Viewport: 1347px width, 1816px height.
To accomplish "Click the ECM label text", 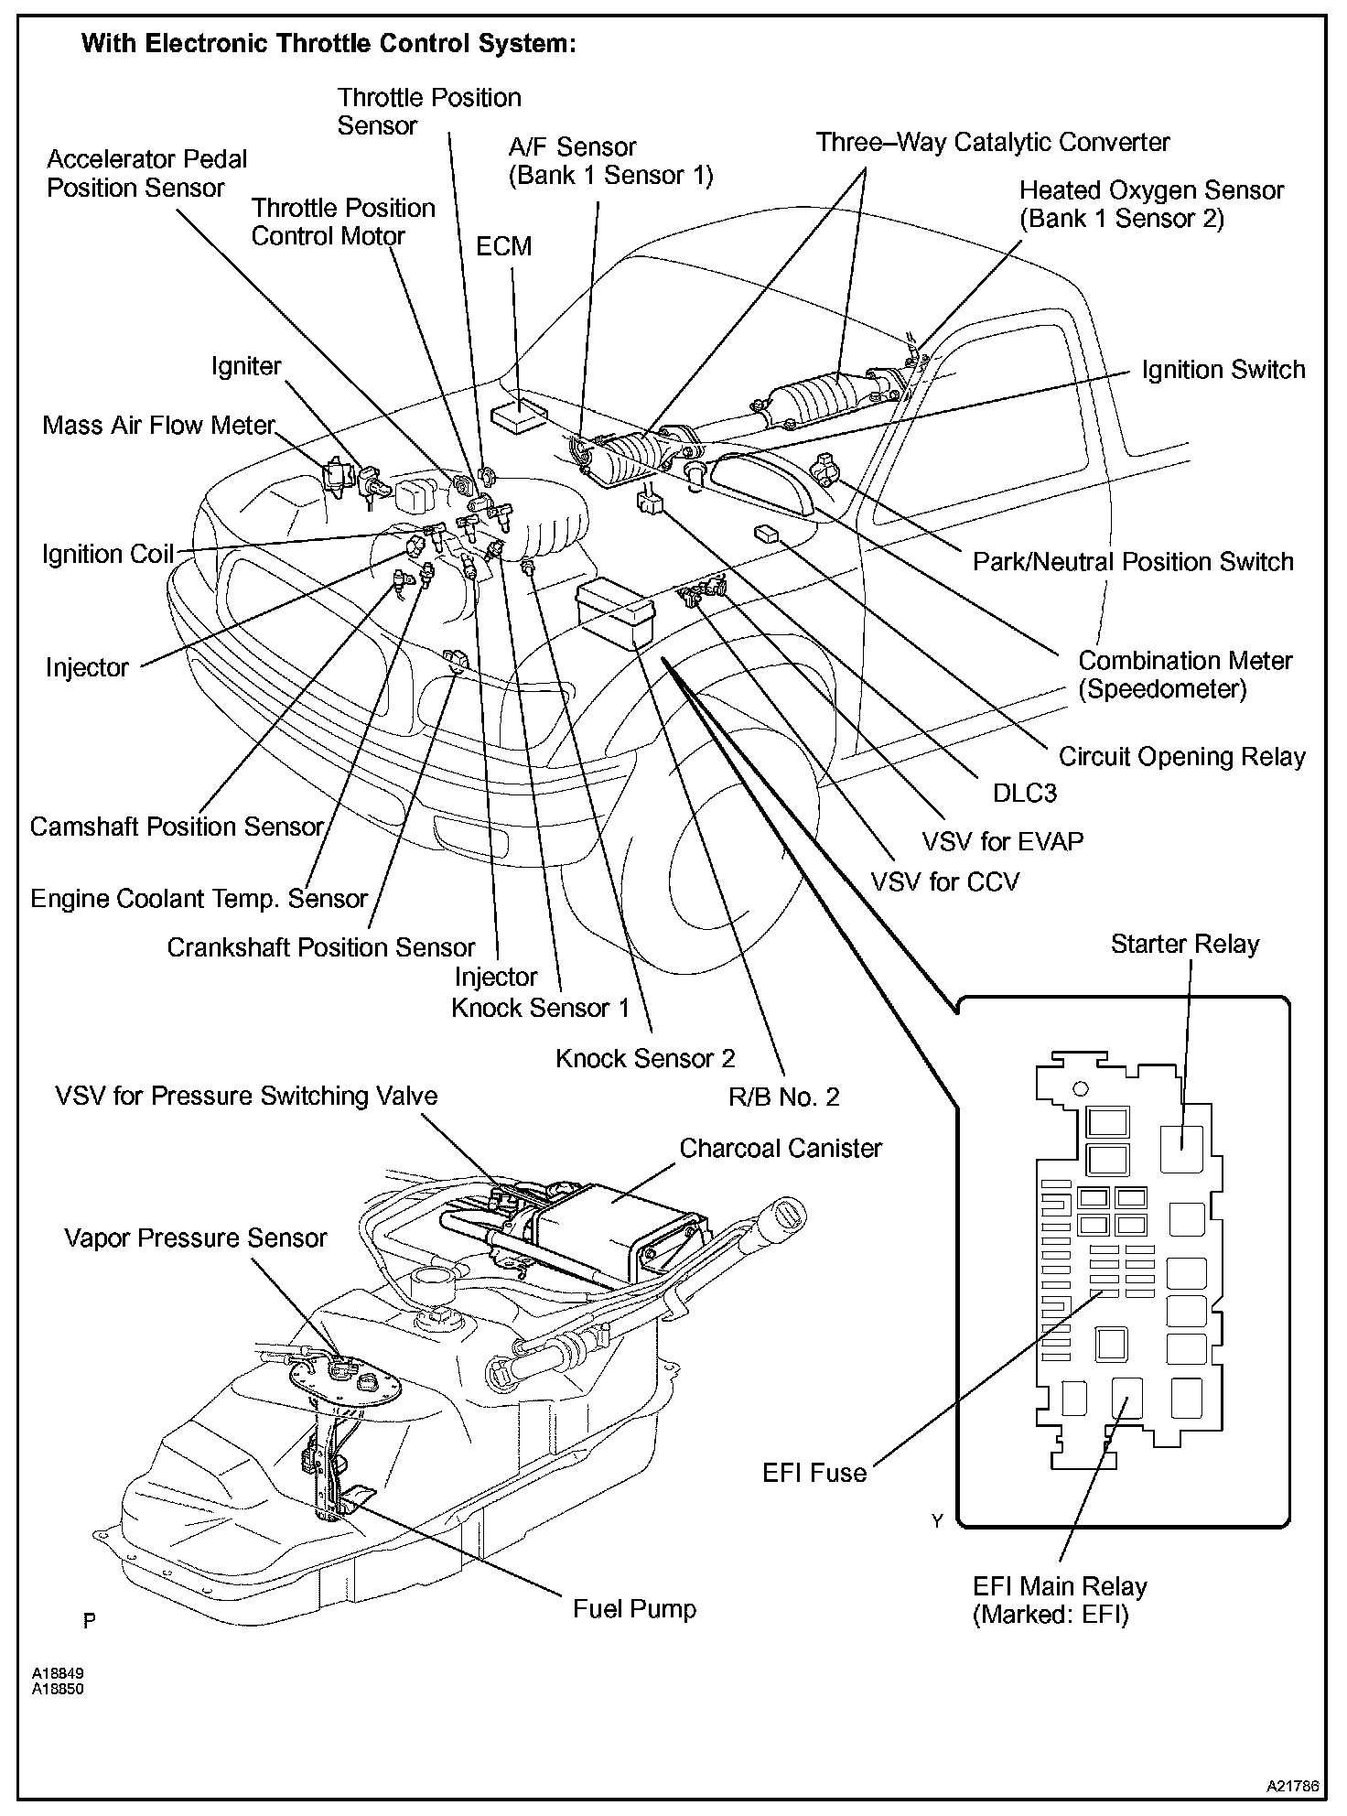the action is pos(503,246).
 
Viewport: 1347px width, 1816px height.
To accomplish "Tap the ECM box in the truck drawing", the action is pos(519,415).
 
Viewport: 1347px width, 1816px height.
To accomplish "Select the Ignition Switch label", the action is pos(1223,370).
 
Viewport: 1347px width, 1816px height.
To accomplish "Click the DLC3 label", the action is pos(1025,793).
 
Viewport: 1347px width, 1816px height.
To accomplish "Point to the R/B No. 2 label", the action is pos(784,1097).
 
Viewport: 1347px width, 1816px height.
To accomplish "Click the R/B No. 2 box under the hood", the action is pos(615,615).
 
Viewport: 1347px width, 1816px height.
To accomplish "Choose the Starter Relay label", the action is pos(1185,944).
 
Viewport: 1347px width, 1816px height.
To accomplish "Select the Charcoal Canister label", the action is pos(781,1148).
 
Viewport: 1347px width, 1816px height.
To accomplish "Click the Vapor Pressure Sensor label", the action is pos(196,1238).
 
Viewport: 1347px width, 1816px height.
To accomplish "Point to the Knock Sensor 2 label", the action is pos(646,1058).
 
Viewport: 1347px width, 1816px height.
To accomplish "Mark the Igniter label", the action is pos(246,366).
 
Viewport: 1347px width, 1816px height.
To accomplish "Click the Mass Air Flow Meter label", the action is pos(159,426).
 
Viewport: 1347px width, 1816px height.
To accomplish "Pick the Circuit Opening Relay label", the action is pos(1182,756).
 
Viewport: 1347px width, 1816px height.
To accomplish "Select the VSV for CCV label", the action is pos(945,881).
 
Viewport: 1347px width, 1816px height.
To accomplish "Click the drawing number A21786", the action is pos(1293,1786).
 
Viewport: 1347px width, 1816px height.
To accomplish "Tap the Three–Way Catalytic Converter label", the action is pos(993,142).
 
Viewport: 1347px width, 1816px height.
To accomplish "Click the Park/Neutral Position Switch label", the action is pos(1134,561).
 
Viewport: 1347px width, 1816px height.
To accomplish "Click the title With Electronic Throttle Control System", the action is pos(329,44).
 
